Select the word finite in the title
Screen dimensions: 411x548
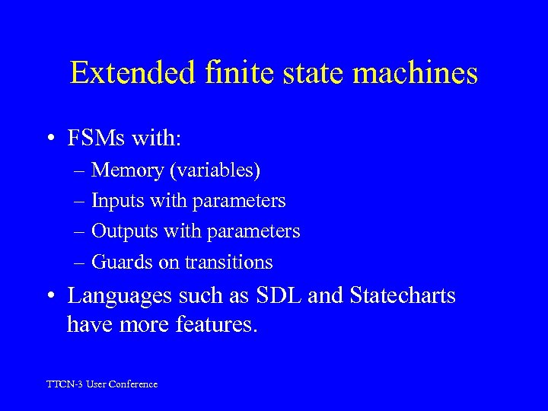tap(224, 74)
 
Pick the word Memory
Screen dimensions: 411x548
tap(126, 171)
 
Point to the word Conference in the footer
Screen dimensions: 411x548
tap(132, 384)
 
